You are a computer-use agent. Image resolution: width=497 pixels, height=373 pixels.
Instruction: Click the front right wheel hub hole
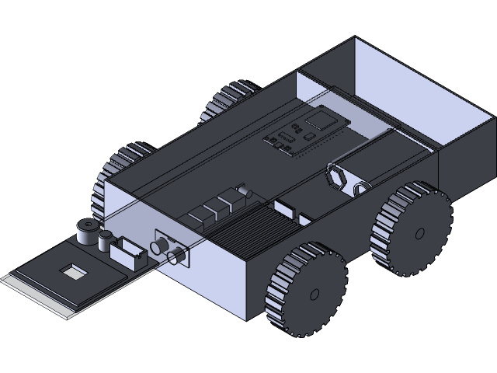click(x=315, y=294)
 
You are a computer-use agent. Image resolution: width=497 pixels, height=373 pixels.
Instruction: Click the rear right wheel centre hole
click(x=420, y=232)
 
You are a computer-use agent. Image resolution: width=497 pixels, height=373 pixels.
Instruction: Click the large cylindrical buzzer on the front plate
click(x=85, y=231)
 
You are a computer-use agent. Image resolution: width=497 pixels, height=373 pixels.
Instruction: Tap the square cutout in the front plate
click(x=73, y=270)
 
